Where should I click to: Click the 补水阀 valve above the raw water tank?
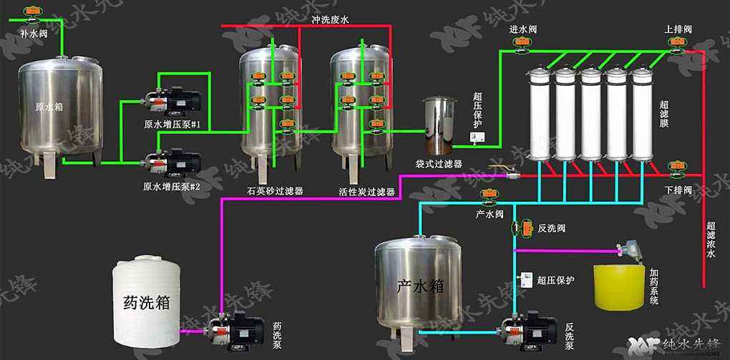pyautogui.click(x=31, y=12)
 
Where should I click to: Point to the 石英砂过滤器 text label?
pyautogui.click(x=275, y=192)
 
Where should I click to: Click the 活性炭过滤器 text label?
pyautogui.click(x=367, y=192)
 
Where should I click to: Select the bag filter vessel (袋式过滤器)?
pyautogui.click(x=438, y=125)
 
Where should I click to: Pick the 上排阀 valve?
pyautogui.click(x=675, y=44)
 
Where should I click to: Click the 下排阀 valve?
pyautogui.click(x=674, y=169)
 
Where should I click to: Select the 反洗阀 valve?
pyautogui.click(x=523, y=228)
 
